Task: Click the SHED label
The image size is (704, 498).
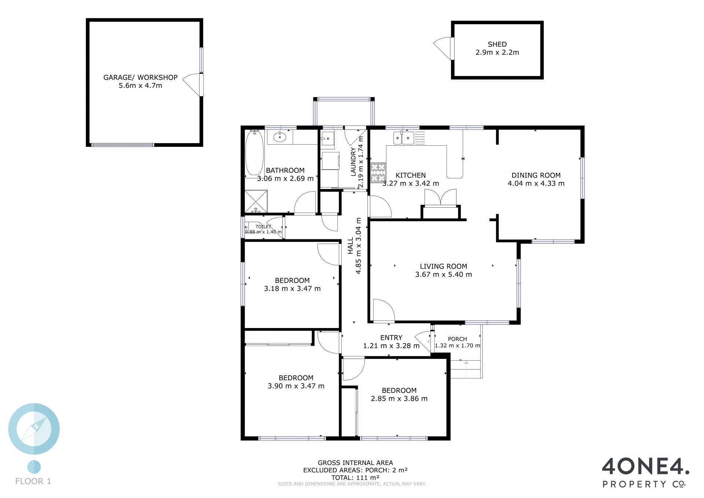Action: point(497,44)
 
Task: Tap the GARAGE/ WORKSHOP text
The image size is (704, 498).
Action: point(140,77)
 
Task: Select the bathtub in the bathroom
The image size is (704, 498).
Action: point(254,153)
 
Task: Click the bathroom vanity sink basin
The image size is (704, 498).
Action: point(280,137)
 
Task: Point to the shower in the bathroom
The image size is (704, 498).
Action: point(256,201)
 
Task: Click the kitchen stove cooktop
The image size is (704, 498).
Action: point(378,172)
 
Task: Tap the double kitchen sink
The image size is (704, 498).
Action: point(403,138)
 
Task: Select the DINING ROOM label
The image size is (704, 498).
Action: point(536,175)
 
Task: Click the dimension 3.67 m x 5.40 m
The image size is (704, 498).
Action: point(444,275)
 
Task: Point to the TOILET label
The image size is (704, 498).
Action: point(263,227)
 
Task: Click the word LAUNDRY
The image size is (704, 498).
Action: point(353,162)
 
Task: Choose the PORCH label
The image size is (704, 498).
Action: point(458,339)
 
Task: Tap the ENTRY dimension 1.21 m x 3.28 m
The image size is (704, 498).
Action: point(391,346)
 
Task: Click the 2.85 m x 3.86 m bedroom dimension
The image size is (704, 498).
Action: point(399,399)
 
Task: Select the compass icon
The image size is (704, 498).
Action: point(34,429)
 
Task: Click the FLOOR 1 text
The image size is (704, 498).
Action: point(33,481)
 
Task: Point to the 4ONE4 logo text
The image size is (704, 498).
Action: point(645,466)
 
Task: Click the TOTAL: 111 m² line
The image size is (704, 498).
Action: point(355,477)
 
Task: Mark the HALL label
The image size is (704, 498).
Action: point(351,246)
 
